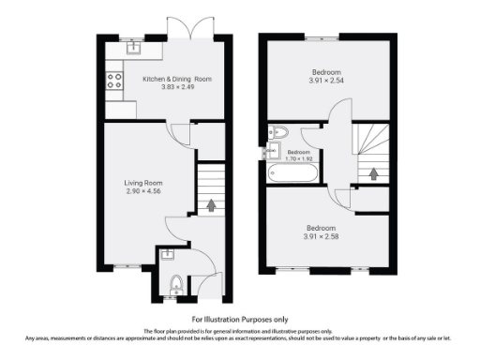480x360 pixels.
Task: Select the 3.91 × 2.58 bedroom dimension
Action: (325, 236)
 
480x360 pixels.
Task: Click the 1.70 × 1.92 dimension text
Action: (299, 158)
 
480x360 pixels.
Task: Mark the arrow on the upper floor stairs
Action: (372, 172)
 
